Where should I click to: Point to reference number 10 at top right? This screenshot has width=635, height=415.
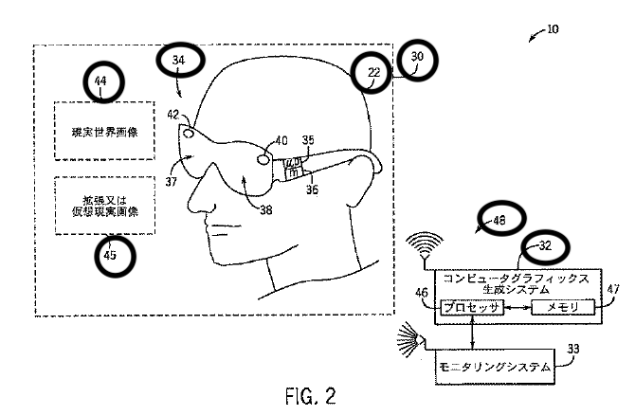click(x=553, y=29)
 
